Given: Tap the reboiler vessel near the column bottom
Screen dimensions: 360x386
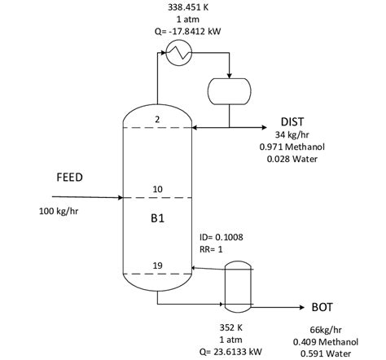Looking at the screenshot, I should [x=238, y=286].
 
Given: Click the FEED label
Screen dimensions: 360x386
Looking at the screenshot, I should [x=69, y=177].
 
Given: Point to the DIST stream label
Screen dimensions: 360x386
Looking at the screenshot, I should [x=292, y=121].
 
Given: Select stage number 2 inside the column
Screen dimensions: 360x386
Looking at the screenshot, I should [x=157, y=121].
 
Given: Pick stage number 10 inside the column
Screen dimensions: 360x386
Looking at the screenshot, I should [x=157, y=190].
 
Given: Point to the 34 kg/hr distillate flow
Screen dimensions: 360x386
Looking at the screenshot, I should [x=292, y=134].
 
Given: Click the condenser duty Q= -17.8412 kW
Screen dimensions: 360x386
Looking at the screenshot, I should [x=187, y=31].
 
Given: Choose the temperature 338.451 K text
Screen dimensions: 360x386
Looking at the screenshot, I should [x=187, y=7].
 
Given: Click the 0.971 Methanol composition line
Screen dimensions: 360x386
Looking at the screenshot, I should [x=292, y=147].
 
